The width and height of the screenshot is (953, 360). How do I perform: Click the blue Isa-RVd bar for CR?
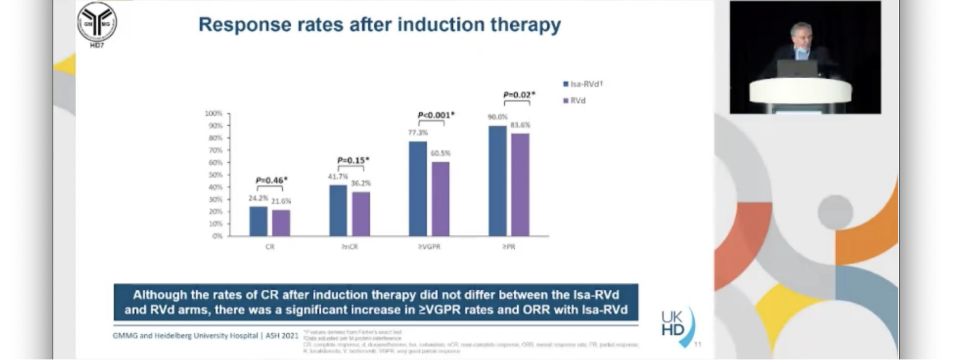point(258,221)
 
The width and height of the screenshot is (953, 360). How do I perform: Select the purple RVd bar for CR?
point(281,223)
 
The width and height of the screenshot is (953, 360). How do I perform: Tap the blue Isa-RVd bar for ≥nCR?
point(338,211)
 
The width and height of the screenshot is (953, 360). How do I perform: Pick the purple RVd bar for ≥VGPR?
point(440,198)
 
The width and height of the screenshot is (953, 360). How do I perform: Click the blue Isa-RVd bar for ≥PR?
point(497,181)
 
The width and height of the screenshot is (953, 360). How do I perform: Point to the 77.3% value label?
point(418,133)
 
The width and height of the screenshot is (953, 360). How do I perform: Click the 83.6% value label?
point(520,125)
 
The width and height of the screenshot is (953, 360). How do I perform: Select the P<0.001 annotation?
point(436,115)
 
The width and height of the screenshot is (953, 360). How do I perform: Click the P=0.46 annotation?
point(271,181)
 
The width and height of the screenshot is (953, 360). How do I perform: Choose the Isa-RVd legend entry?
point(583,84)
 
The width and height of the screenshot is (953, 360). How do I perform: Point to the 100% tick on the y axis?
point(214,113)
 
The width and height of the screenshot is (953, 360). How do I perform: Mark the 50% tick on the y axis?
point(215,175)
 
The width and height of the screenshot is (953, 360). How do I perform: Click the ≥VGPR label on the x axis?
point(429,247)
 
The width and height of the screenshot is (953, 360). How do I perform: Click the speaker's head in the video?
point(801,35)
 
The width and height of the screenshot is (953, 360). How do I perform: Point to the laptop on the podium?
point(796,69)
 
